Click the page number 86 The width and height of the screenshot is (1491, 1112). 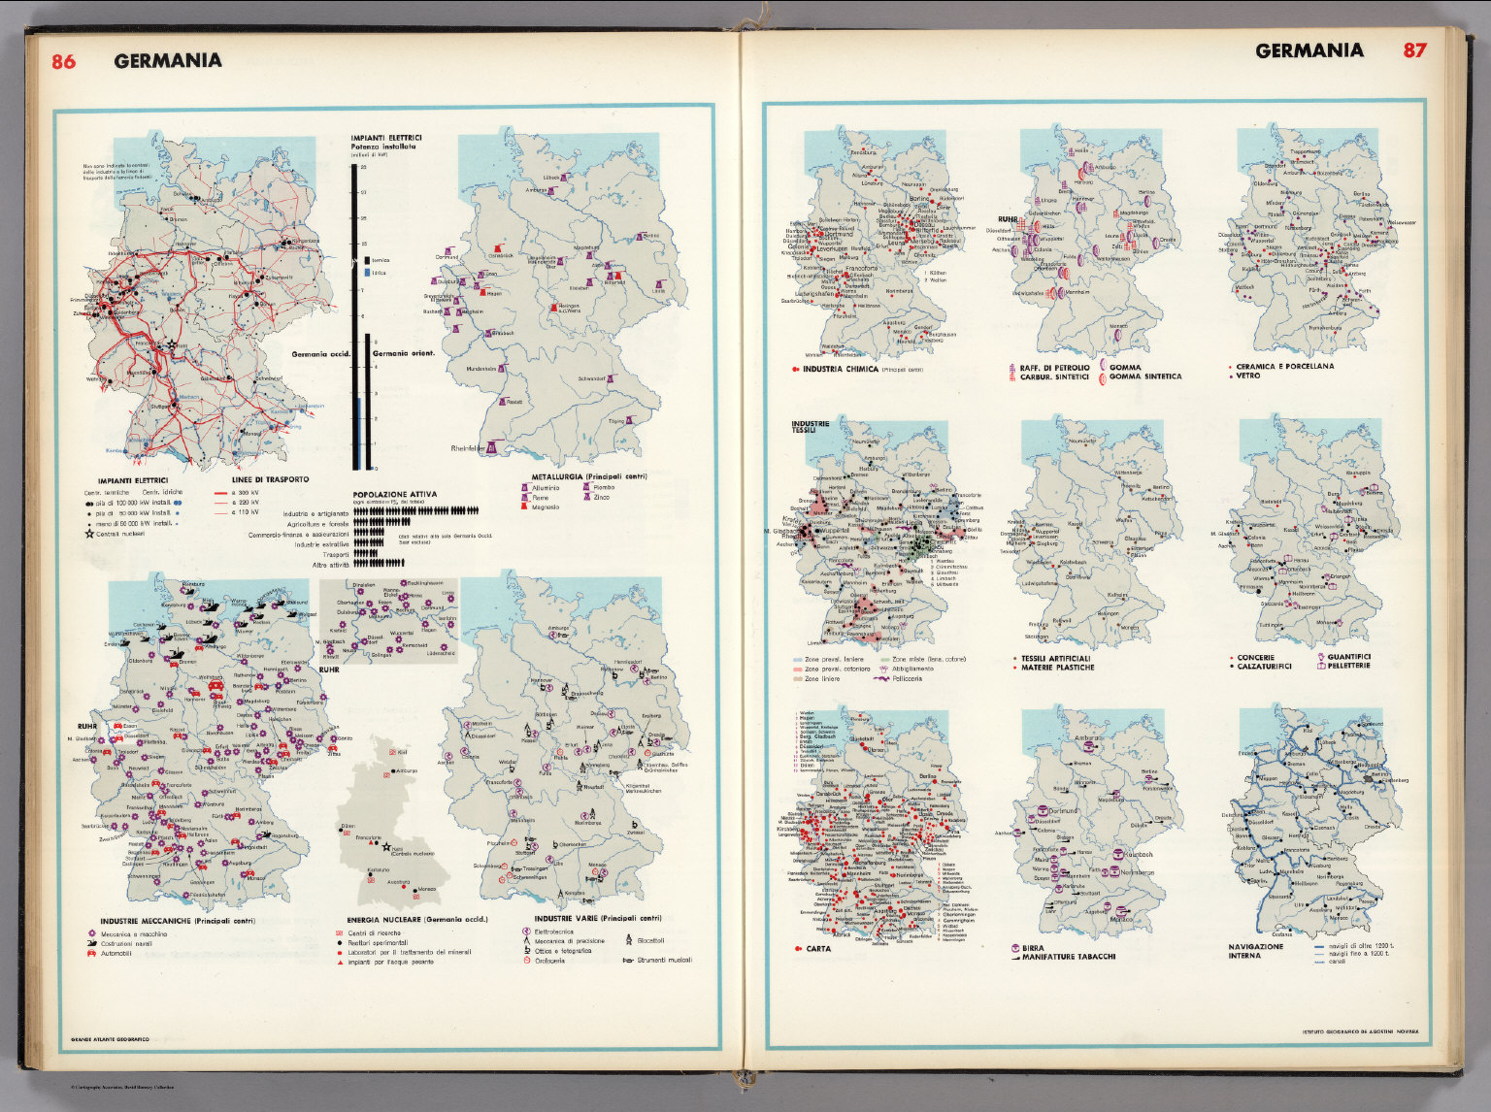(x=63, y=61)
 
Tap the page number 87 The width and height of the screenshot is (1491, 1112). (x=1414, y=50)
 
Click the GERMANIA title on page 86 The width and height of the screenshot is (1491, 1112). (x=167, y=61)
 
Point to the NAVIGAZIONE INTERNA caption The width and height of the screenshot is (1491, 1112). (x=1255, y=951)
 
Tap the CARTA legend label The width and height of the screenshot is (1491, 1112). (x=818, y=948)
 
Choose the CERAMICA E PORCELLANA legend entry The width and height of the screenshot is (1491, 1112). (x=1285, y=366)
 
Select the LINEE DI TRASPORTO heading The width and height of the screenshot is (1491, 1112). (x=271, y=479)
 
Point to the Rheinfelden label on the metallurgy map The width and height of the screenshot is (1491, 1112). (x=468, y=449)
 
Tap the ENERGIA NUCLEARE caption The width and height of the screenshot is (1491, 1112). (x=416, y=919)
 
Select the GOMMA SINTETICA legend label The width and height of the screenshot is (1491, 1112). (x=1145, y=376)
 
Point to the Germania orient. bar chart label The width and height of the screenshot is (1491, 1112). (x=403, y=353)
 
